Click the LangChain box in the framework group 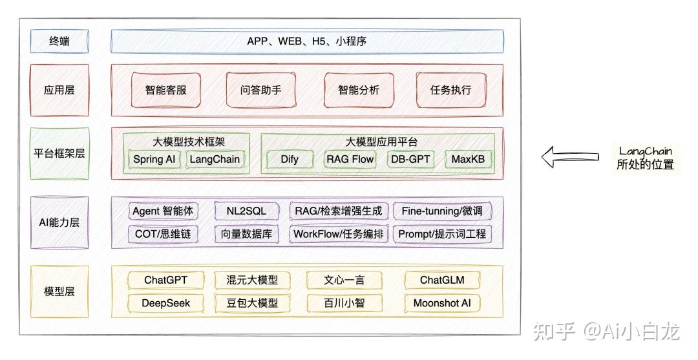coord(215,159)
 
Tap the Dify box coord(290,159)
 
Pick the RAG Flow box coord(350,159)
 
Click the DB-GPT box coord(410,159)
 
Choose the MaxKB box coord(468,159)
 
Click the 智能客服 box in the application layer coord(166,90)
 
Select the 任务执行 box coord(450,90)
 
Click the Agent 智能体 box coord(164,211)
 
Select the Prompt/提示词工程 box coord(442,234)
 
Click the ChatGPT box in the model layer coord(165,280)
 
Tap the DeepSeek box coord(165,302)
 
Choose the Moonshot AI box coord(442,302)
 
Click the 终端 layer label coord(59,42)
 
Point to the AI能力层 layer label coord(59,222)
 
